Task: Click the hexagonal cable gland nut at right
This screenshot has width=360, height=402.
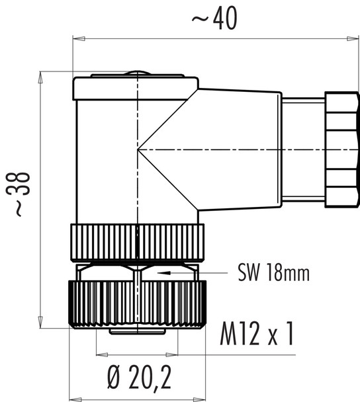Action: [341, 149]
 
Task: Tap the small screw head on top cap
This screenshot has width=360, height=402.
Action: [137, 73]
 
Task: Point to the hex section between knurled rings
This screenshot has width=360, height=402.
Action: [137, 272]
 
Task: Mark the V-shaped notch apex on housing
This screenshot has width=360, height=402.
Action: [140, 150]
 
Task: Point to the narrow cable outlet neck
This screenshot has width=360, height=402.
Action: [302, 149]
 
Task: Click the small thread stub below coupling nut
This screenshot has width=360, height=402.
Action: [137, 331]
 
